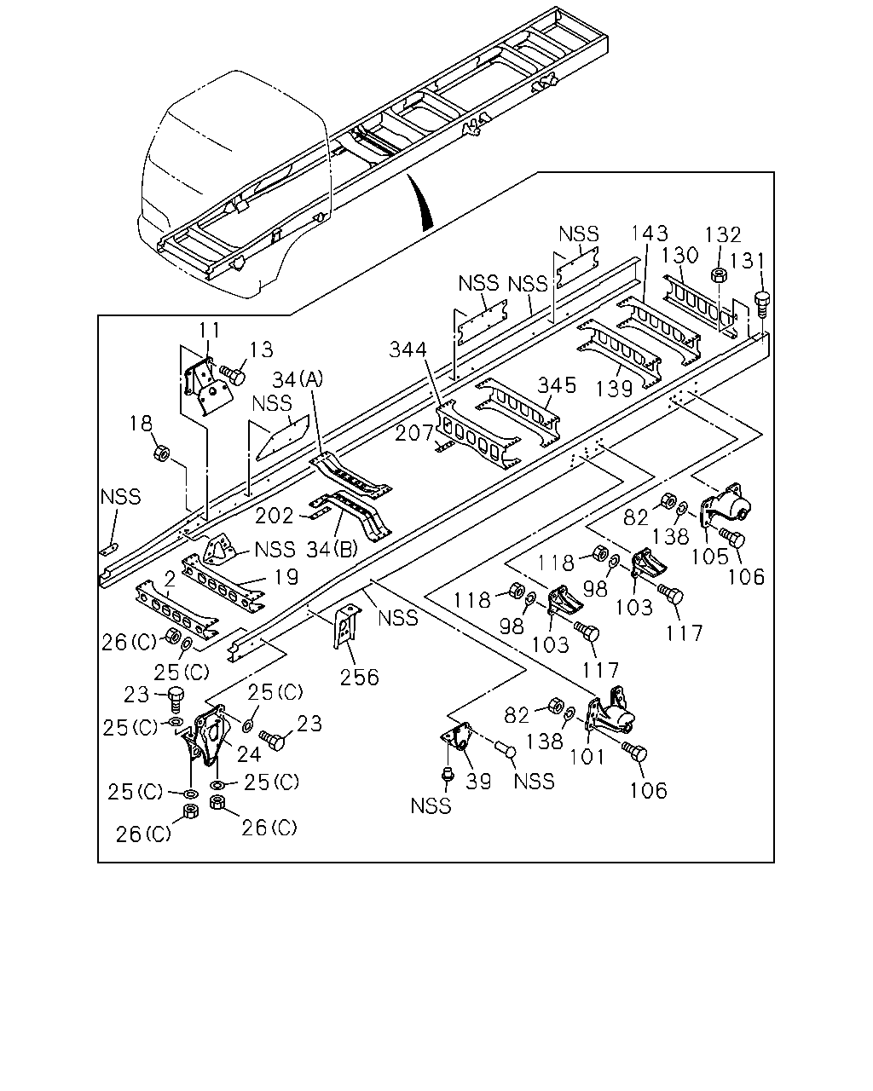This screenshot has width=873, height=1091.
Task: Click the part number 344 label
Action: click(408, 349)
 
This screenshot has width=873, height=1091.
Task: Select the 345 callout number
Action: click(557, 386)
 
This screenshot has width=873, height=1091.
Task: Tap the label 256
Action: click(359, 678)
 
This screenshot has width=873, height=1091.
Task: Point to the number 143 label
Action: click(650, 234)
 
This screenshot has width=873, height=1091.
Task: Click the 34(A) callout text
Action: click(298, 379)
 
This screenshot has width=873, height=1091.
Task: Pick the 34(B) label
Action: click(332, 549)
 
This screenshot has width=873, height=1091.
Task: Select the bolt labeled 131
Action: click(761, 303)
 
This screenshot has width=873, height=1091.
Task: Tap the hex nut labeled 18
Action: click(161, 453)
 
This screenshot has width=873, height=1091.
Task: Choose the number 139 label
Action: click(614, 389)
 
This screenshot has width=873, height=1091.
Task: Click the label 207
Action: click(414, 434)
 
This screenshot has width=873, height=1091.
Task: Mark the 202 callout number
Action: click(275, 517)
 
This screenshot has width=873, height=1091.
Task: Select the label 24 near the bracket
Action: click(249, 754)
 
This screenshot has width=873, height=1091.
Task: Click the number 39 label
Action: click(479, 782)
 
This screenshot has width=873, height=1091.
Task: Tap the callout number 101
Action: click(587, 758)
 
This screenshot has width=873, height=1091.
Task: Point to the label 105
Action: click(709, 557)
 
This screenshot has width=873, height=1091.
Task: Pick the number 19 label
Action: click(287, 577)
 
